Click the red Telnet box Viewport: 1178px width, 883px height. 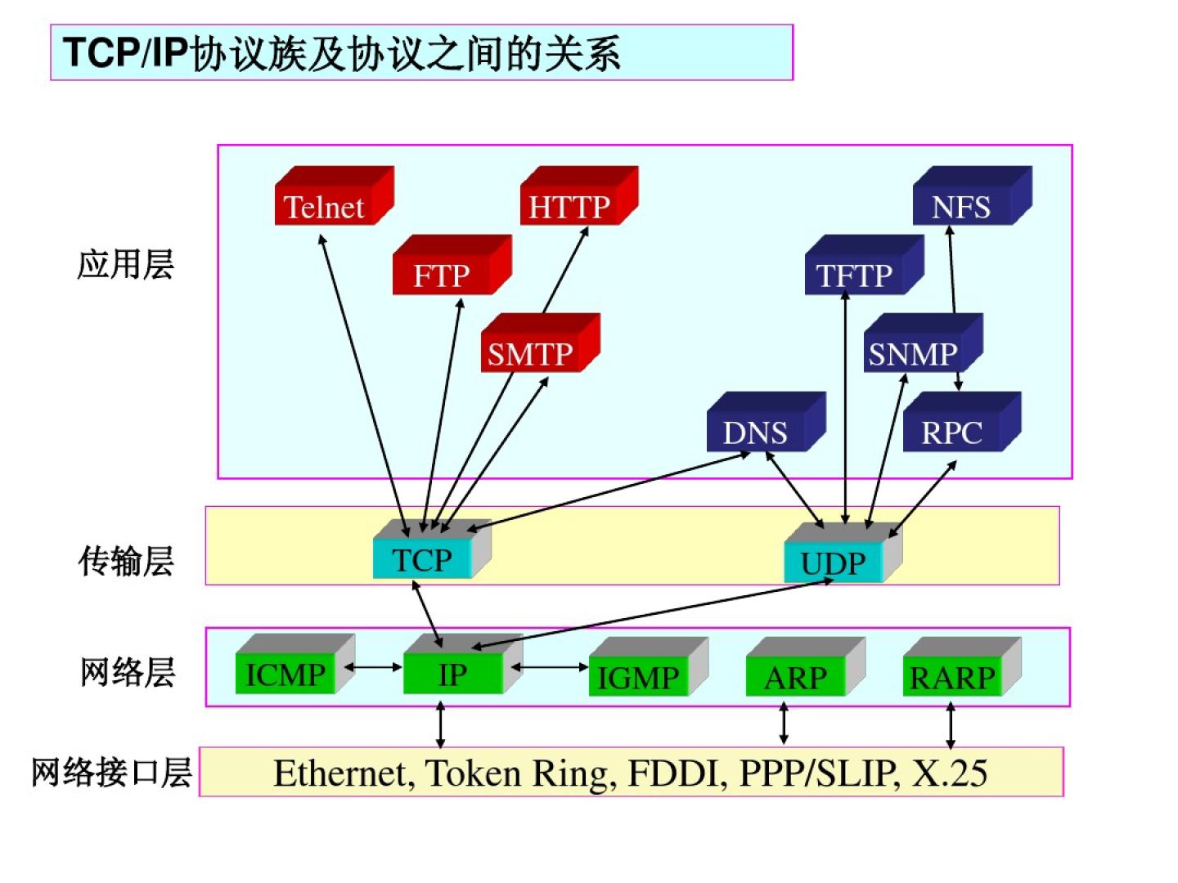pyautogui.click(x=325, y=207)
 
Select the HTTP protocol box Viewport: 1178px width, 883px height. pyautogui.click(x=570, y=207)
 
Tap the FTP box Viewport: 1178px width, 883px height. pyautogui.click(x=443, y=276)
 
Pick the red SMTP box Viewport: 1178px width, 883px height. pyautogui.click(x=531, y=354)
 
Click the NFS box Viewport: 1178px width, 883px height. pyautogui.click(x=962, y=207)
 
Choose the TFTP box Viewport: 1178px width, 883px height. pyautogui.click(x=855, y=276)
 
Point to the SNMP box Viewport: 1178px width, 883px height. pyautogui.click(x=913, y=354)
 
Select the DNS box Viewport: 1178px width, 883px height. pyautogui.click(x=756, y=433)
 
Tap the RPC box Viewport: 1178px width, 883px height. pyautogui.click(x=952, y=433)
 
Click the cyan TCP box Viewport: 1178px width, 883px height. pyautogui.click(x=423, y=560)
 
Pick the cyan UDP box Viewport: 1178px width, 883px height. pyautogui.click(x=834, y=563)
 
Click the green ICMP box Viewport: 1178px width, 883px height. pyautogui.click(x=286, y=675)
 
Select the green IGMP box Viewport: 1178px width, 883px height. pyautogui.click(x=639, y=678)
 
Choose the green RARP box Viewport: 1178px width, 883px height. pyautogui.click(x=952, y=678)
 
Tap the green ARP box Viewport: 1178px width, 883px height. pyautogui.click(x=796, y=678)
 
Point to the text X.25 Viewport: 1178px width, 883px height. pyautogui.click(x=950, y=773)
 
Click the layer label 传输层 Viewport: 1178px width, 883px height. pyautogui.click(x=127, y=562)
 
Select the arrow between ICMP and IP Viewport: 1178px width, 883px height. pyautogui.click(x=373, y=667)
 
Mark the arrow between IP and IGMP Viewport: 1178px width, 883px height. pyautogui.click(x=550, y=667)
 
